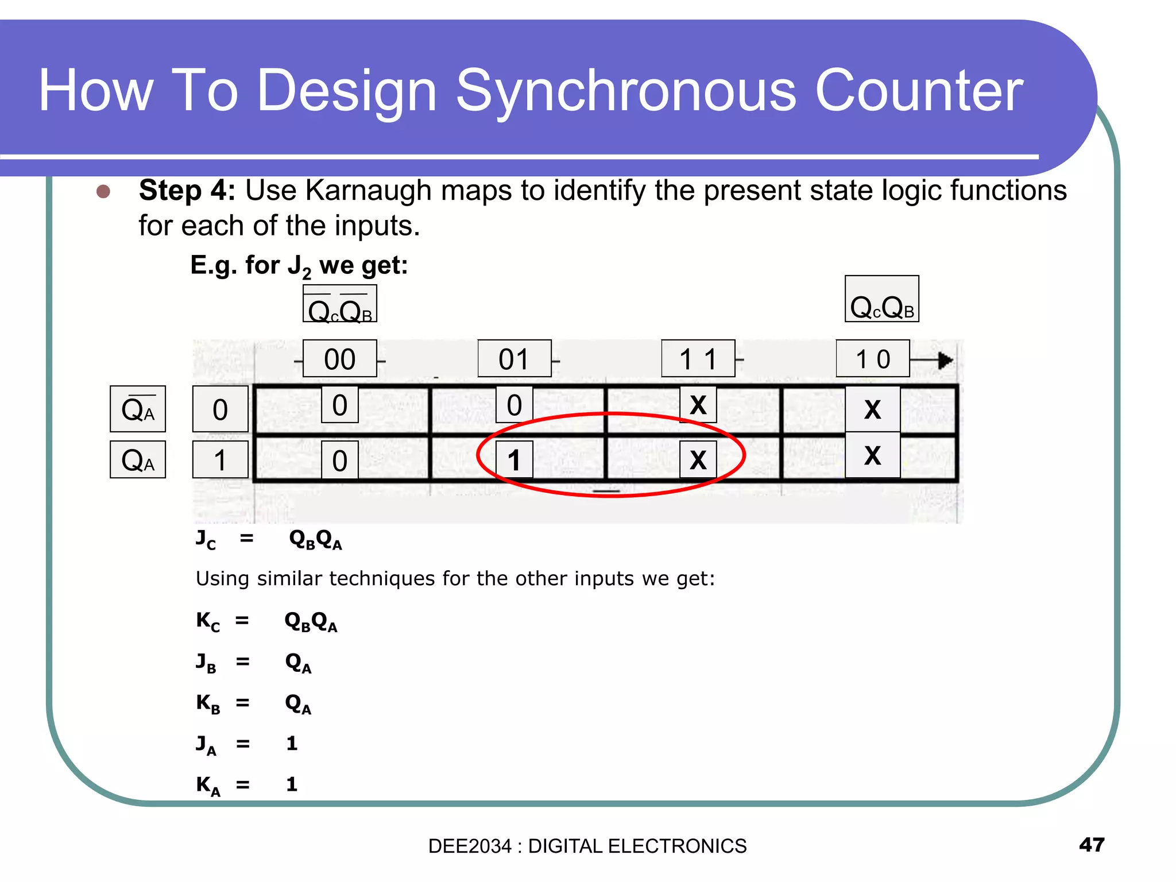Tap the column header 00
tap(339, 359)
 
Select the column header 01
tap(514, 359)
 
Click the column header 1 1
tap(698, 359)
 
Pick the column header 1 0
tap(872, 359)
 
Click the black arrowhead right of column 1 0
tap(945, 361)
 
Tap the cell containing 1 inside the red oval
tap(514, 460)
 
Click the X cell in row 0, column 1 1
tap(698, 405)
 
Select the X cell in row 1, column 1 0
tap(872, 455)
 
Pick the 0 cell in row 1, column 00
tap(339, 461)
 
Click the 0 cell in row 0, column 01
tap(514, 405)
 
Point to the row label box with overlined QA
tap(138, 409)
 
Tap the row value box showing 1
tap(220, 460)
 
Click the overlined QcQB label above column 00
tap(339, 304)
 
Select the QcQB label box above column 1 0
tap(881, 299)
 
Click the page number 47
tap(1092, 845)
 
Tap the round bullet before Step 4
tap(103, 191)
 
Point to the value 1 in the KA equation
tap(292, 784)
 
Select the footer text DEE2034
tap(469, 846)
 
